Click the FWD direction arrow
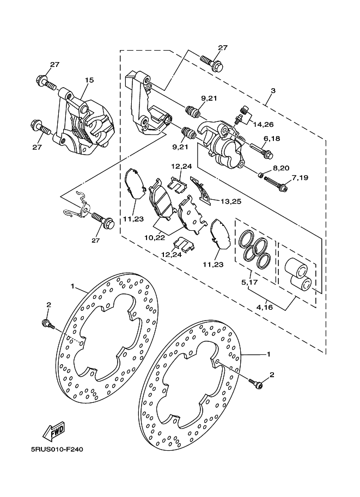(x=54, y=431)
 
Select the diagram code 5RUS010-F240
(x=57, y=450)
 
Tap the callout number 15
(x=89, y=80)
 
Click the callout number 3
(x=273, y=90)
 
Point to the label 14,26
(x=263, y=125)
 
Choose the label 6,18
(x=272, y=138)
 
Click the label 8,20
(x=280, y=168)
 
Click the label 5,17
(x=249, y=281)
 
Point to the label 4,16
(x=264, y=307)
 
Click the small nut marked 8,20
(x=260, y=175)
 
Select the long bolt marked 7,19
(x=276, y=185)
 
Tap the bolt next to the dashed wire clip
(x=102, y=220)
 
